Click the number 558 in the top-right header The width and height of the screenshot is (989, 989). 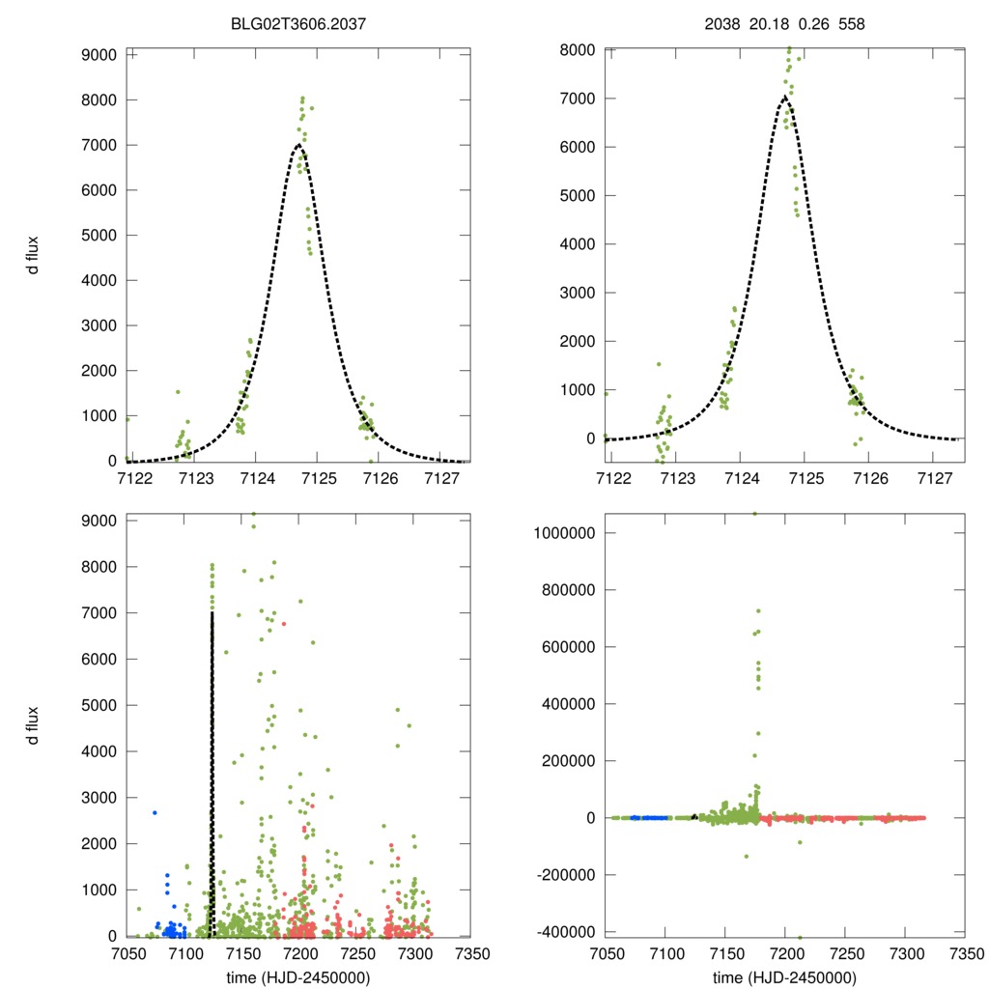(851, 22)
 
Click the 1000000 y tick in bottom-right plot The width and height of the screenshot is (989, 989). (564, 533)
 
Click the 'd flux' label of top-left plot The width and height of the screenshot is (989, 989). (33, 255)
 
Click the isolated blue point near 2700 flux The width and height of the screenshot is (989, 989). (154, 812)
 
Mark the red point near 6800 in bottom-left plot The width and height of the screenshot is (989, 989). (283, 624)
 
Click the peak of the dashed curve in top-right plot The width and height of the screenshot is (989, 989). (784, 97)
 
